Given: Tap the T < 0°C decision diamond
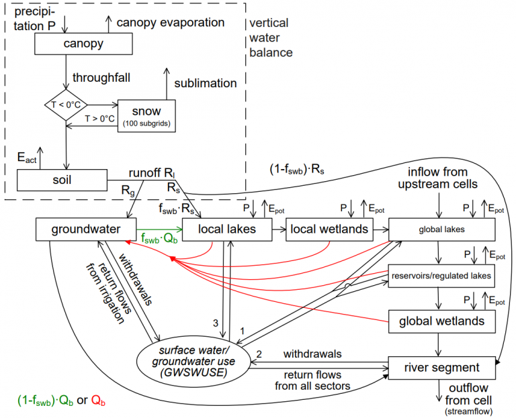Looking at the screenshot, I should pyautogui.click(x=65, y=105).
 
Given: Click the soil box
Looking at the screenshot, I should pyautogui.click(x=61, y=180).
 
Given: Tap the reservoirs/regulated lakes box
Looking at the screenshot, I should pyautogui.click(x=442, y=274).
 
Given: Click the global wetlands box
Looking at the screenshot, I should pyautogui.click(x=442, y=321).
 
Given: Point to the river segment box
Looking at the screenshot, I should pyautogui.click(x=442, y=367).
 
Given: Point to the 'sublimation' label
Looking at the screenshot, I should pyautogui.click(x=206, y=84).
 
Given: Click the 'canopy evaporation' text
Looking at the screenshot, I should pyautogui.click(x=170, y=22).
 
